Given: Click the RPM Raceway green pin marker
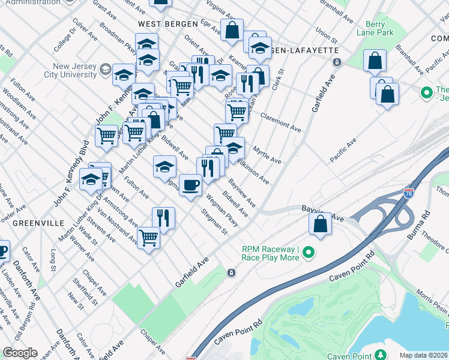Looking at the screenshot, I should (309, 253).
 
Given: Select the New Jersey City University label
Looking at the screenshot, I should (66, 71).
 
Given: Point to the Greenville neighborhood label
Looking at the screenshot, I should (38, 223).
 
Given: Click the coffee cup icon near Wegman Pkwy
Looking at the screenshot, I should (190, 185).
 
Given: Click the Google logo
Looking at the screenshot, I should (20, 353).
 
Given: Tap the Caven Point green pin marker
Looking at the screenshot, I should (381, 355).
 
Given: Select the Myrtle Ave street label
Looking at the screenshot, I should (267, 154).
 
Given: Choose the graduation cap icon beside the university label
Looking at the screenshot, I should (106, 70).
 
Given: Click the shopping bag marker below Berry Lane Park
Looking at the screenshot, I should (375, 60).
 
